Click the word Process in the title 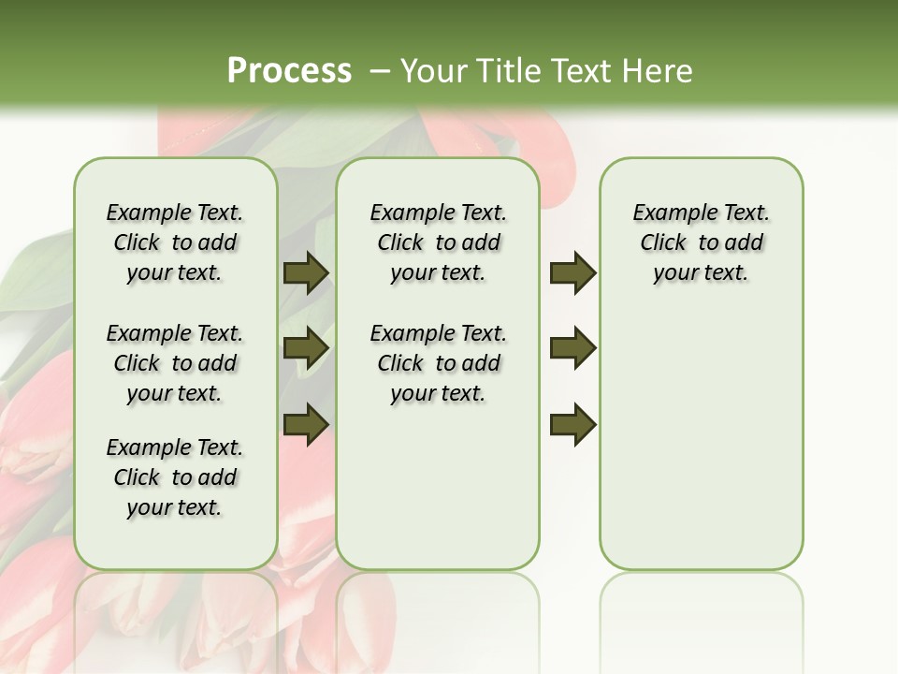click(x=289, y=70)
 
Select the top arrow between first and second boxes click(x=305, y=273)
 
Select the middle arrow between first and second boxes click(x=305, y=348)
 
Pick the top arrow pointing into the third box click(x=572, y=273)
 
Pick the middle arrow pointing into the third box click(x=572, y=348)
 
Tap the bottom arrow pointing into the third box click(x=572, y=426)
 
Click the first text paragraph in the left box click(x=175, y=242)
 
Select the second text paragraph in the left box click(x=175, y=363)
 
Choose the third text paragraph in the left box click(x=175, y=477)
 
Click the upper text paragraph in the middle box click(x=438, y=242)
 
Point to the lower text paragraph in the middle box click(x=438, y=363)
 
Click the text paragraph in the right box click(x=701, y=242)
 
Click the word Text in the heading click(x=580, y=71)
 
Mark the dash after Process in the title click(x=380, y=71)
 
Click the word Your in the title click(x=433, y=71)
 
